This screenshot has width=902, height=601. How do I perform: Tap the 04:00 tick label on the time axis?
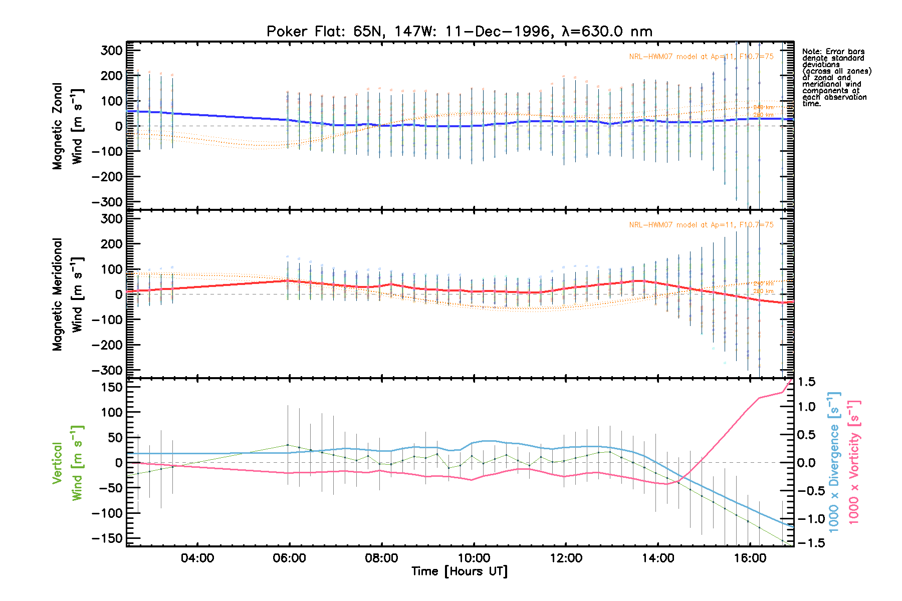coord(197,558)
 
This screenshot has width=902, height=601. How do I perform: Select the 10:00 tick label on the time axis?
coord(474,558)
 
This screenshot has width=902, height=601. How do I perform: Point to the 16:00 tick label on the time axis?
coord(750,558)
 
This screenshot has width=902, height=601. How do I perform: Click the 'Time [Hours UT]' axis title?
coord(459,571)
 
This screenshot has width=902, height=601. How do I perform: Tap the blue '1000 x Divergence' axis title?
coord(834,462)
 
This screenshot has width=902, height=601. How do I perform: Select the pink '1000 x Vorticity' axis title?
coord(854,462)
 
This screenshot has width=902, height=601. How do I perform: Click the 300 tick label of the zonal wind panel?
coord(111,51)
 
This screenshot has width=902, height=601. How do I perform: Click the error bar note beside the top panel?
coord(836,77)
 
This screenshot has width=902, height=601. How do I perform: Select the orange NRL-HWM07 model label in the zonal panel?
coord(701,57)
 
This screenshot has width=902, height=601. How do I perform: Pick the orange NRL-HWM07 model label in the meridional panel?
coord(701,225)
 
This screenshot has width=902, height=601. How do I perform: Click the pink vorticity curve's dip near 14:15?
coord(666,484)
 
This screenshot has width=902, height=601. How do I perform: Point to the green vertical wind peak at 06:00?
coord(288,445)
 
